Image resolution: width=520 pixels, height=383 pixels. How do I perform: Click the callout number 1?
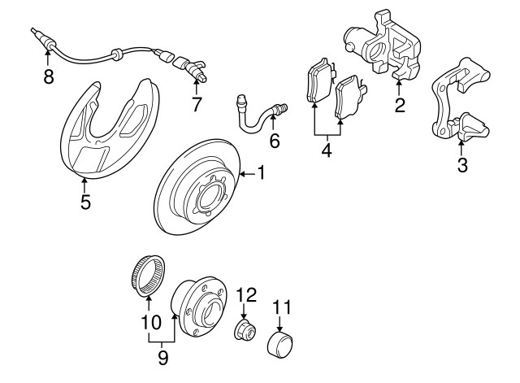tap(262, 172)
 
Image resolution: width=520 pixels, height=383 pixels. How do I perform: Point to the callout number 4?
tap(326, 150)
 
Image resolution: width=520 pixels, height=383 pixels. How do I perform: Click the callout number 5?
tap(85, 202)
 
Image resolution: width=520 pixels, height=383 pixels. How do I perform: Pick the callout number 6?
tap(274, 141)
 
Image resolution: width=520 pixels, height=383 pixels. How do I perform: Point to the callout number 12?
tap(246, 294)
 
